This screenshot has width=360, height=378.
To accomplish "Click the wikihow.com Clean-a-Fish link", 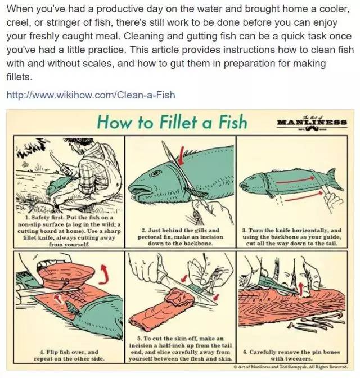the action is (x=91, y=94).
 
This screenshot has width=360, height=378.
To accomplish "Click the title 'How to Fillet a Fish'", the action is (x=172, y=121).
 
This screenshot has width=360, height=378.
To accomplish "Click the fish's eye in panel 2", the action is (x=156, y=173).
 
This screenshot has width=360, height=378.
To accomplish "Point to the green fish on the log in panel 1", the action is (x=58, y=184).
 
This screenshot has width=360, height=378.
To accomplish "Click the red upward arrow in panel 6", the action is (x=300, y=289).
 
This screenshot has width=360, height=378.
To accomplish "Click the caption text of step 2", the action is (x=181, y=237).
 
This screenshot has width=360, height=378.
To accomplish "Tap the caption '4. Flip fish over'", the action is (x=69, y=355).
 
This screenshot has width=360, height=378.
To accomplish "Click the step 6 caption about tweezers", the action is (x=291, y=355).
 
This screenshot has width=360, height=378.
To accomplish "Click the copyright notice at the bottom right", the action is (x=291, y=367).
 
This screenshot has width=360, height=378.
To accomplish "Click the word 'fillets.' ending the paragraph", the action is (x=19, y=77).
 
